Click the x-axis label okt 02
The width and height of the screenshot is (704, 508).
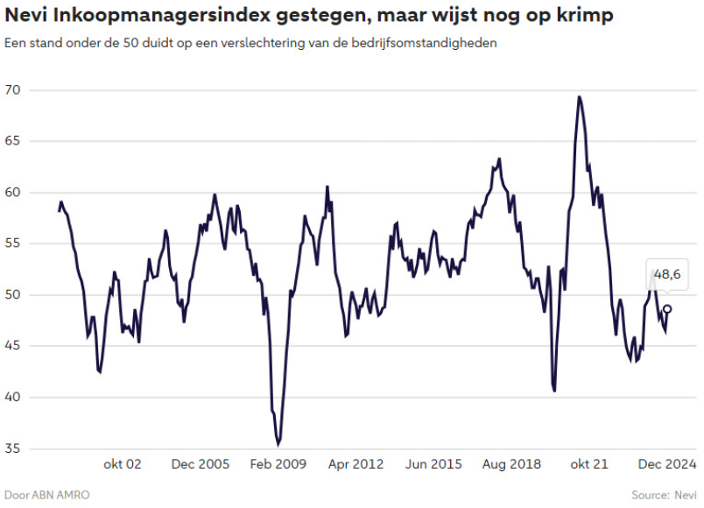pyautogui.click(x=123, y=463)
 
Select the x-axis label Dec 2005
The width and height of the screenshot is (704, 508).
pyautogui.click(x=201, y=463)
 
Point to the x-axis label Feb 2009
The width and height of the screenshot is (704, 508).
pyautogui.click(x=278, y=463)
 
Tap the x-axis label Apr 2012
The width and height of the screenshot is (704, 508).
pyautogui.click(x=356, y=463)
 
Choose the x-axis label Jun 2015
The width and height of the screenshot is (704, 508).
pyautogui.click(x=433, y=463)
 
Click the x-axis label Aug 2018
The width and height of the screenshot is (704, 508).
pyautogui.click(x=511, y=463)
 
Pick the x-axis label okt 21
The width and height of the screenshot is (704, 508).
pyautogui.click(x=589, y=463)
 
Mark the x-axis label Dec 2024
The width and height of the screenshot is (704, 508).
pyautogui.click(x=667, y=463)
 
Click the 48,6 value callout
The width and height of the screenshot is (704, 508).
pyautogui.click(x=668, y=275)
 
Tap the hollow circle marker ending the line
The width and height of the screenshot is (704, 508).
pyautogui.click(x=667, y=308)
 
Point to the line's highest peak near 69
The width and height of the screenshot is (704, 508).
pyautogui.click(x=580, y=97)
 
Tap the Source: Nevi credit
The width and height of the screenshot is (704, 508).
pyautogui.click(x=665, y=495)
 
